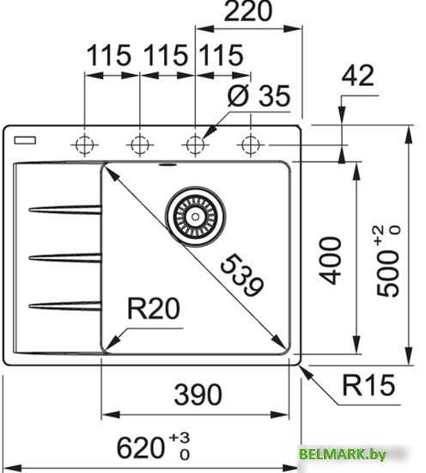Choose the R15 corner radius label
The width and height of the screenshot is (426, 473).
point(364,385)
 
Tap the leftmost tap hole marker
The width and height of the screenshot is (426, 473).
point(85,142)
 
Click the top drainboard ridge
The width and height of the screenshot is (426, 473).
point(64,207)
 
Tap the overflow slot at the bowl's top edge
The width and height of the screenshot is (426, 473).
point(167,161)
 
